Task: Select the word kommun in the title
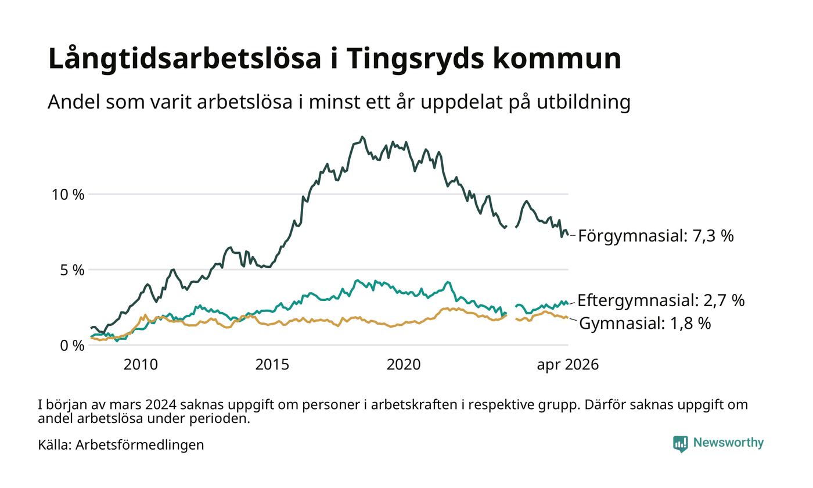(x=557, y=59)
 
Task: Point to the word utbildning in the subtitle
(x=584, y=102)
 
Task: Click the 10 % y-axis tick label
(x=68, y=195)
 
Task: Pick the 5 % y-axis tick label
(x=72, y=270)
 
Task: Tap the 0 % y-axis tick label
(x=72, y=346)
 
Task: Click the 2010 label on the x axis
(x=141, y=365)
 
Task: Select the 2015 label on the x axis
(x=272, y=365)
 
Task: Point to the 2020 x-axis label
(x=404, y=365)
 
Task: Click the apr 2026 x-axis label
(x=568, y=365)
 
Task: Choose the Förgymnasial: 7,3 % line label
(x=656, y=236)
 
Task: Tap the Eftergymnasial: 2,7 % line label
(x=661, y=301)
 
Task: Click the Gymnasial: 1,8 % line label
(x=645, y=324)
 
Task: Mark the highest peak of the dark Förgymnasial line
(x=362, y=137)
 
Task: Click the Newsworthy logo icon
(x=681, y=444)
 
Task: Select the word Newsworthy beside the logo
(x=728, y=443)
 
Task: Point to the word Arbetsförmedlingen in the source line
(x=140, y=445)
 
